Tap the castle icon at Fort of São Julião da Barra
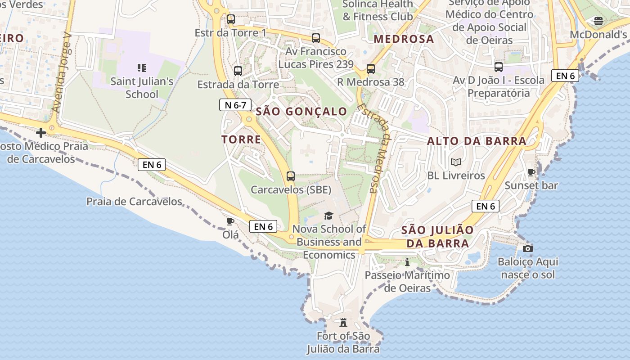coord(344,322)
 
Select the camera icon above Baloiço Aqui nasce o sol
coord(528,248)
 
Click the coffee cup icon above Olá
coord(230,221)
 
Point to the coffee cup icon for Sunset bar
coord(531,172)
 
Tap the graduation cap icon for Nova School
coord(329,216)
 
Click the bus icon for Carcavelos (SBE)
coord(291,176)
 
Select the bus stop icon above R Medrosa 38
coord(371,69)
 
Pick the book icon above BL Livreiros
coord(456,162)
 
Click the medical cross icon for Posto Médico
coord(41,133)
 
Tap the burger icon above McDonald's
coord(598,21)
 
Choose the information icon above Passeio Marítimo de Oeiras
coord(407,262)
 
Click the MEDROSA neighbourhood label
coord(404,39)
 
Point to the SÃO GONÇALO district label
coord(301,112)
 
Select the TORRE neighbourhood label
coord(241,139)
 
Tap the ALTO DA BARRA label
coord(477,141)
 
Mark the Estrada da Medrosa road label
coord(373,148)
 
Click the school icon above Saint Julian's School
coord(142,68)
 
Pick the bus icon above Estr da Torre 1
coord(231,19)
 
